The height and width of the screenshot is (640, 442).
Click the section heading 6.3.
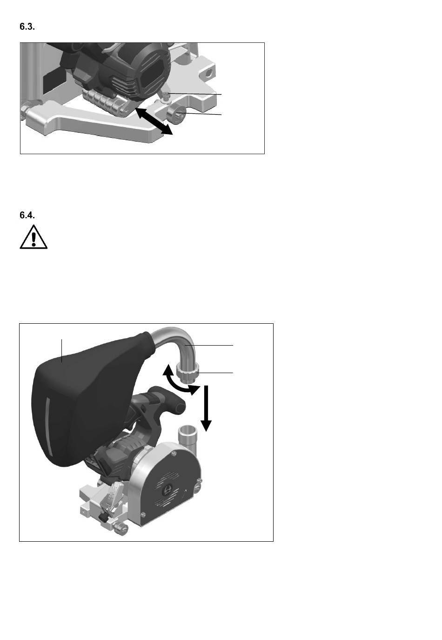point(27,27)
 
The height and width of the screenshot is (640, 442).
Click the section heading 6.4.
point(27,215)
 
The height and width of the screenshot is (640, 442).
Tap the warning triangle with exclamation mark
point(33,237)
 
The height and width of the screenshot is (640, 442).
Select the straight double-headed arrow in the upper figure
point(154,121)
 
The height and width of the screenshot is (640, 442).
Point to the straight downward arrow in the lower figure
point(206,408)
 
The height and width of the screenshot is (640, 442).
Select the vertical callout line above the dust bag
point(62,351)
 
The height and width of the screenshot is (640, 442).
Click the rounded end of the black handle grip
point(180,406)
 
